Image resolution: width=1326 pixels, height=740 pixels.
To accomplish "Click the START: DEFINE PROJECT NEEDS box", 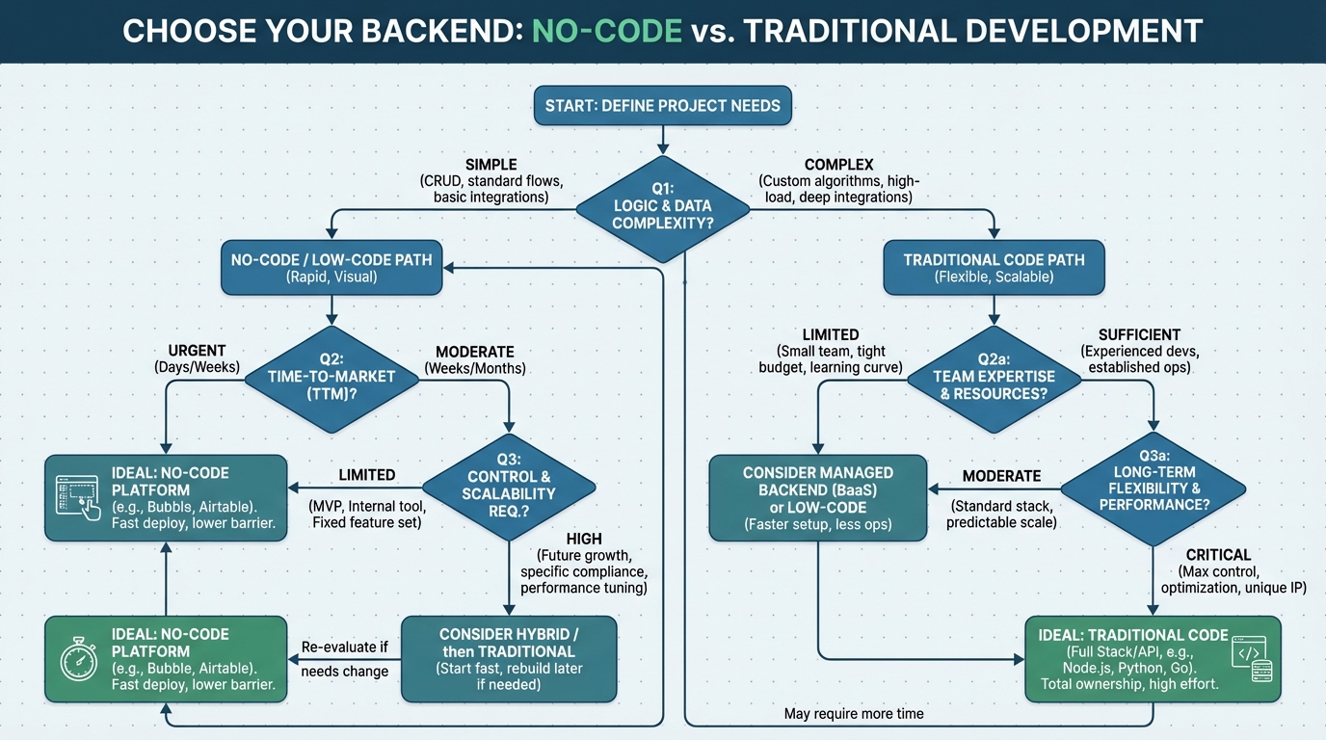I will pos(663,105).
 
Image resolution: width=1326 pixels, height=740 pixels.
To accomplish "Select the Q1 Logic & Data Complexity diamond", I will pos(663,205).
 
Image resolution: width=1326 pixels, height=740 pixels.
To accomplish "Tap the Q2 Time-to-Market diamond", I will pos(331,376).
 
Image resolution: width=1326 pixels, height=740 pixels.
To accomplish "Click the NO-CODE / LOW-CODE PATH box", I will pos(331,268).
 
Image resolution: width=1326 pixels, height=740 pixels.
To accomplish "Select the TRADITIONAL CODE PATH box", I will pos(994,268).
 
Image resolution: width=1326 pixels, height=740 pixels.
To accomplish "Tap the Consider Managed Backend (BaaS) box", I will pos(817,498).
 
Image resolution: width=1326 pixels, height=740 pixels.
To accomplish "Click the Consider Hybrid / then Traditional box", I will pos(508,659).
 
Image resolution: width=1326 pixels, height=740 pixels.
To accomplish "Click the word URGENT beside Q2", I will pos(199,350).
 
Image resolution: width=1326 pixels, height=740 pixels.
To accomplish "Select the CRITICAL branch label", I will pos(1219,555).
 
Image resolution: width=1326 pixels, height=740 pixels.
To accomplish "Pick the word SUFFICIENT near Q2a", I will pos(1139,334).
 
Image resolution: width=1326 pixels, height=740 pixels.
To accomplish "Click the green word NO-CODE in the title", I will pos(606,30).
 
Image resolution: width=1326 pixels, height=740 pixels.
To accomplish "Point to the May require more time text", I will pos(854,714).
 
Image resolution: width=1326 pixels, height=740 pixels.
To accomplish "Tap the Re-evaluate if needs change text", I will pos(344,659).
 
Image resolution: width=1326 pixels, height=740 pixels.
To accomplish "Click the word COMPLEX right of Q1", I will pos(838,165).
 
